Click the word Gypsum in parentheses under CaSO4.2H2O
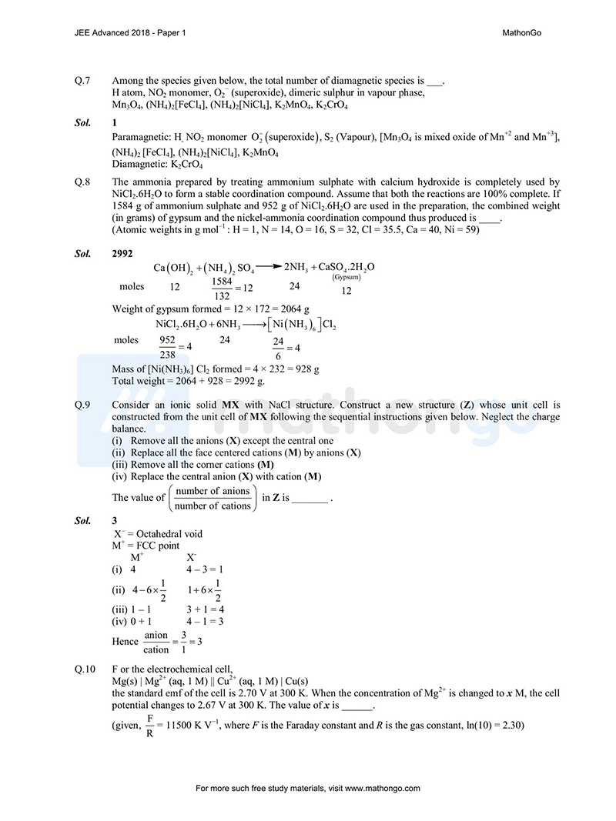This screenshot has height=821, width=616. pyautogui.click(x=346, y=278)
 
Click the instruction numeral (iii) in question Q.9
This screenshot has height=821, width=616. pyautogui.click(x=120, y=465)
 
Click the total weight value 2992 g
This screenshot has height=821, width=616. pyautogui.click(x=246, y=381)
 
